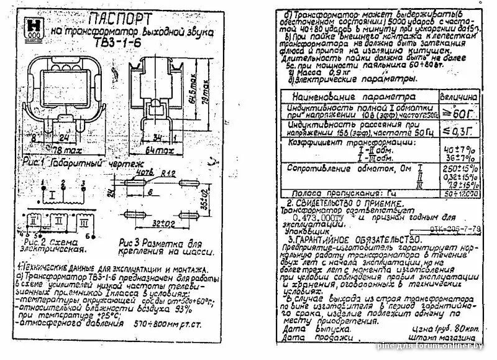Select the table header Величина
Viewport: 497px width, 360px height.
click(x=460, y=98)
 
